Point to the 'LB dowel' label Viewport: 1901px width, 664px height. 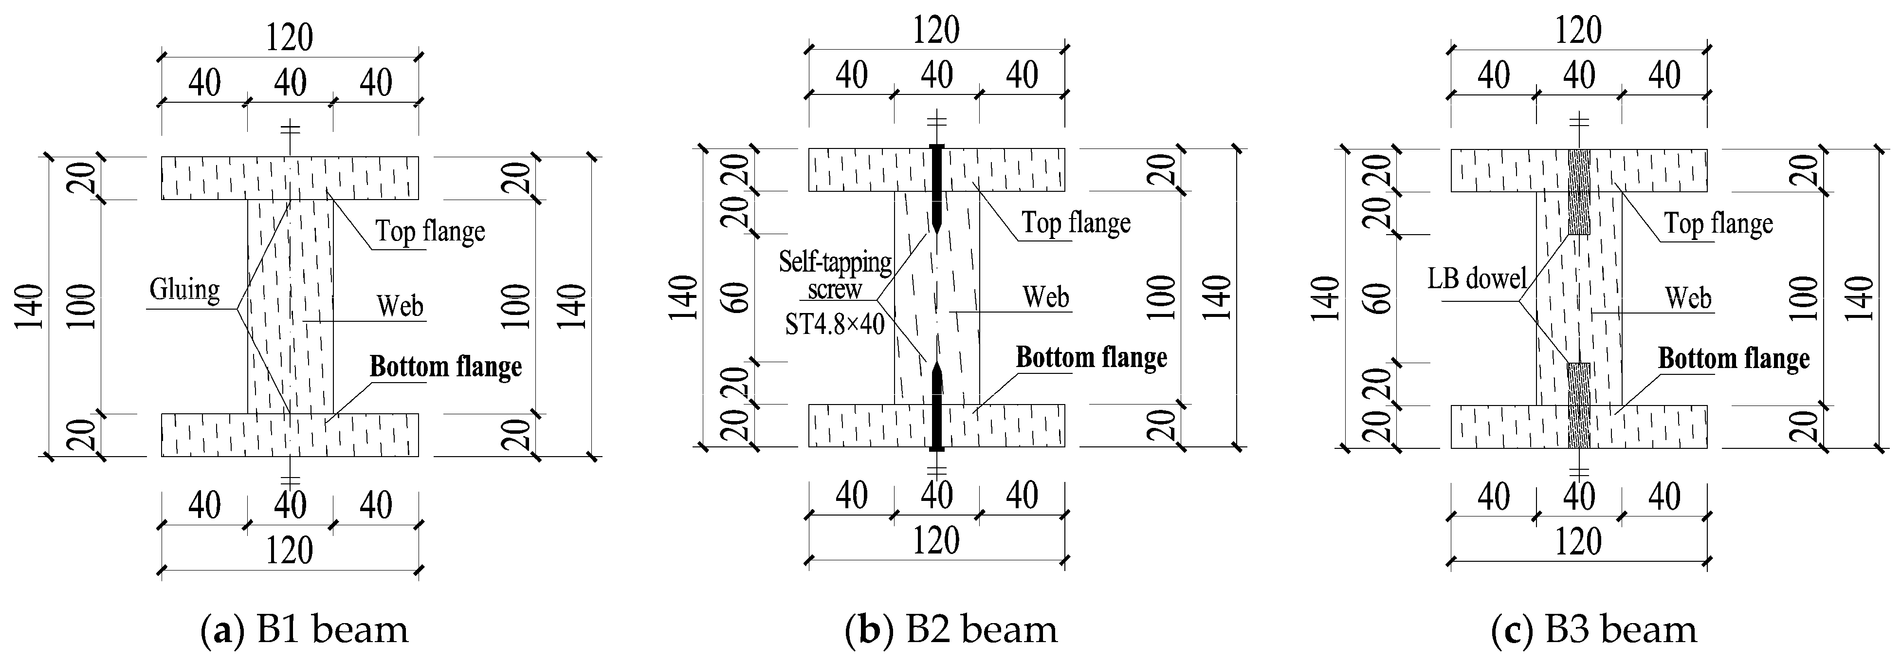(x=1477, y=279)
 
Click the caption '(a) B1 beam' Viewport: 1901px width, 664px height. (x=304, y=629)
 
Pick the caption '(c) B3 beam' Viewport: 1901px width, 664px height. (x=1592, y=629)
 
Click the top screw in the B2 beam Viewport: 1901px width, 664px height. (x=936, y=188)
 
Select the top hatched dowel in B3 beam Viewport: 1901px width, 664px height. (x=1578, y=192)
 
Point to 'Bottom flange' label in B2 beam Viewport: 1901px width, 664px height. (x=1092, y=358)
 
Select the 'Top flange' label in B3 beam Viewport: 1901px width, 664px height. (x=1718, y=223)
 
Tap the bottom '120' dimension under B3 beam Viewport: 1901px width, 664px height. (x=1578, y=542)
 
